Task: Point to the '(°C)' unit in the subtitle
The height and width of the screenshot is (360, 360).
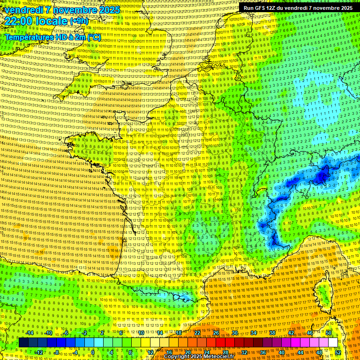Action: click(x=92, y=37)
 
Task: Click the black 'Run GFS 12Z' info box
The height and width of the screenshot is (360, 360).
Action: click(x=298, y=7)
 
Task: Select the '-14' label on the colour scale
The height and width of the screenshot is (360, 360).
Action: click(x=30, y=333)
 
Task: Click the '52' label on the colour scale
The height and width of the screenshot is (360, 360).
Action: click(x=338, y=352)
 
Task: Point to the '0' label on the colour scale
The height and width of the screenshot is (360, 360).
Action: click(x=93, y=352)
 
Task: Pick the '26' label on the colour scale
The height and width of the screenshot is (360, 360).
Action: click(x=216, y=333)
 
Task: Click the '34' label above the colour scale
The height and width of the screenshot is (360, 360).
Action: click(x=253, y=333)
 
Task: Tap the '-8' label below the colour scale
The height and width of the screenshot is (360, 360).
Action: click(x=56, y=352)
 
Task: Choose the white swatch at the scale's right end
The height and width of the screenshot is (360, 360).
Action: click(x=333, y=343)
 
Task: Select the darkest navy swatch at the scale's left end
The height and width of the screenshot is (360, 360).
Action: click(x=23, y=343)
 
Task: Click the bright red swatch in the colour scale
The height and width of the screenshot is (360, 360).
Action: click(x=220, y=343)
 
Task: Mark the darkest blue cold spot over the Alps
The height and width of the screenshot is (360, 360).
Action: click(x=322, y=177)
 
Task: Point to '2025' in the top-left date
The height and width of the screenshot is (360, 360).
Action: click(x=109, y=10)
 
